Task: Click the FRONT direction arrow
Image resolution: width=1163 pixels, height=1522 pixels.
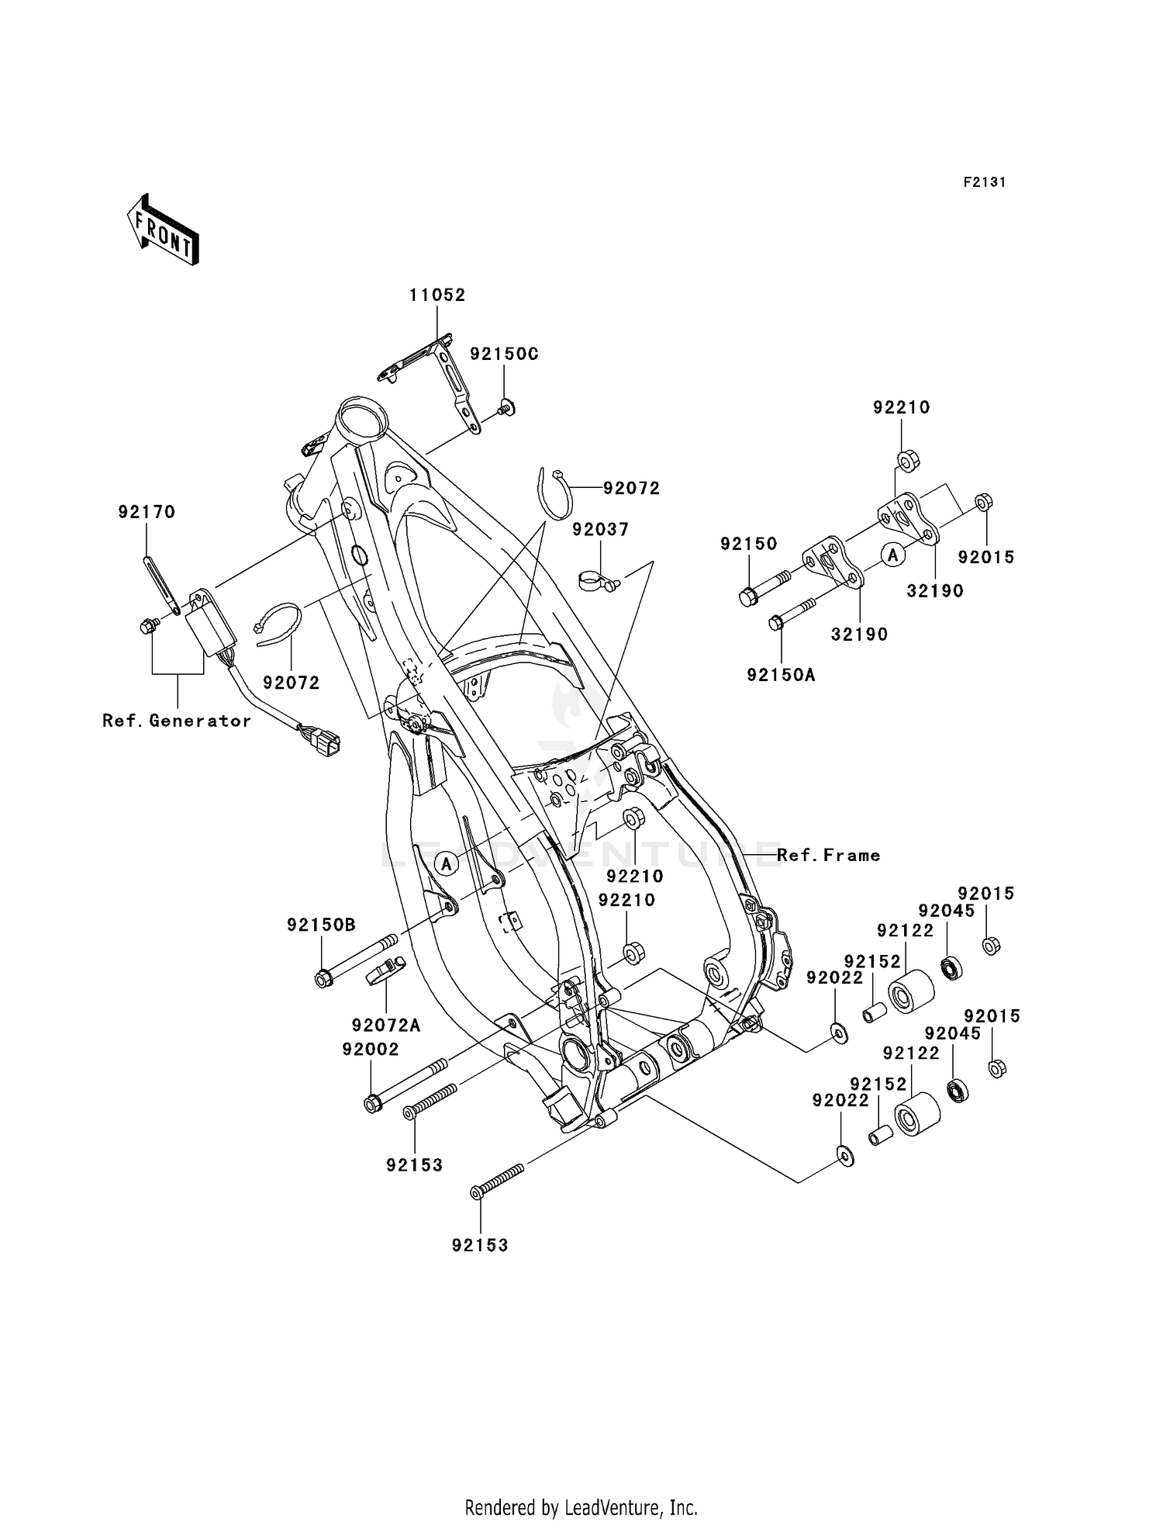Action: [163, 230]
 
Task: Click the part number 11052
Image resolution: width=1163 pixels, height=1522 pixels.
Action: [437, 295]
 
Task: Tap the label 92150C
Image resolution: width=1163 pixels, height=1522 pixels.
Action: [504, 354]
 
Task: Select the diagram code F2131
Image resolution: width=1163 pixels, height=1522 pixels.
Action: [984, 182]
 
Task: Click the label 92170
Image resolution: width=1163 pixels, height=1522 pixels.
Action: [147, 512]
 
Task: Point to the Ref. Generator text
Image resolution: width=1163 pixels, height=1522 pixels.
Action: [177, 721]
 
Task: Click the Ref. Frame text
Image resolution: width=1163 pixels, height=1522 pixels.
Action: [828, 855]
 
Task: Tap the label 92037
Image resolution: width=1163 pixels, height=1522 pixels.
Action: [600, 529]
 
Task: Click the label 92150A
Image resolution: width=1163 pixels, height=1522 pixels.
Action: [781, 675]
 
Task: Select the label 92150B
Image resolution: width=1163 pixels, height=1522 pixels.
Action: [321, 925]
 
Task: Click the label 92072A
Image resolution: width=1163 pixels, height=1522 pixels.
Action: [385, 1026]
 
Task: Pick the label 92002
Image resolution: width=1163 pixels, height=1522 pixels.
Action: [370, 1049]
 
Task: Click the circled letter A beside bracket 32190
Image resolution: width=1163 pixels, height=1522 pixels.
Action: [892, 555]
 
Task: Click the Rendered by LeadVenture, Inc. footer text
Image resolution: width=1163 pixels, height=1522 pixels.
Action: [581, 1508]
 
